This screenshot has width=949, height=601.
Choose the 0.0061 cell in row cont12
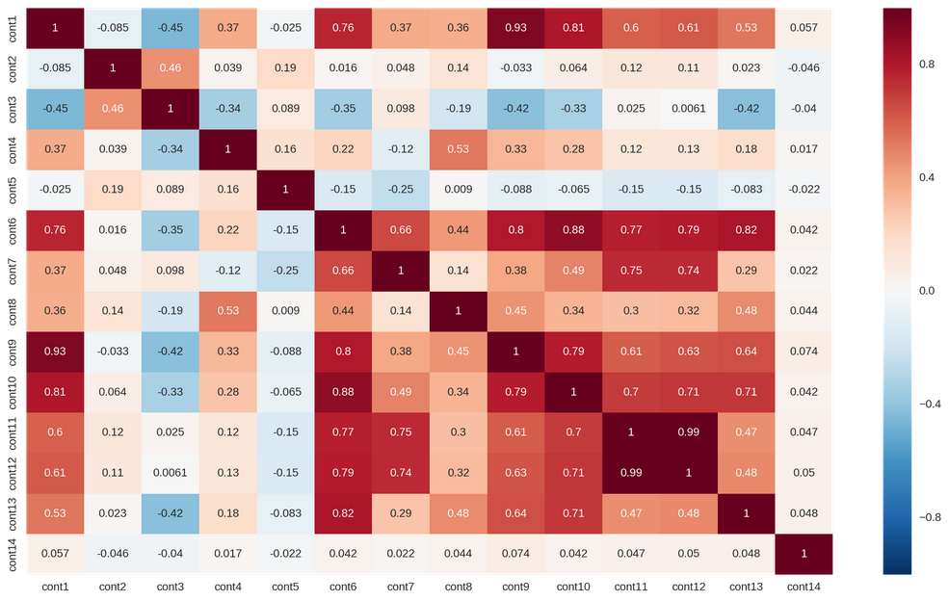click(171, 472)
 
